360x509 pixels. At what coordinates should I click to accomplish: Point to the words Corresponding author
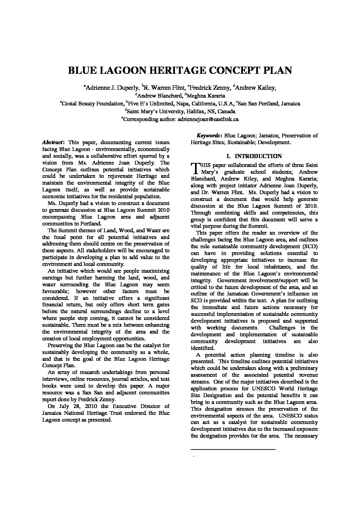coord(149,119)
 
